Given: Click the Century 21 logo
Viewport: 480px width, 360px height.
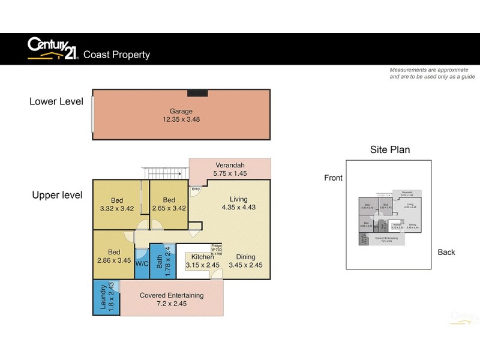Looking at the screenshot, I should point(52,49).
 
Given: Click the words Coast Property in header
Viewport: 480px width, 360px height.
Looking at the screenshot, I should point(116,55).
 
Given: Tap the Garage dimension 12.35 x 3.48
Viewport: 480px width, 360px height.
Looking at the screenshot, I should point(181,120).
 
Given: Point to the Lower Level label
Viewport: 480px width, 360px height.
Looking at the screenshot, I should point(56,101).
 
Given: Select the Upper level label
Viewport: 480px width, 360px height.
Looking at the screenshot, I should point(58,195).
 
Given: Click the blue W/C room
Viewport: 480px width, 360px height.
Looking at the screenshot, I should point(142,263).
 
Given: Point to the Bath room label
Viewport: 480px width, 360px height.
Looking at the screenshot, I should point(160,262).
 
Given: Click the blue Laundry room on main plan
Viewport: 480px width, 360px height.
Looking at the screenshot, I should point(106,298).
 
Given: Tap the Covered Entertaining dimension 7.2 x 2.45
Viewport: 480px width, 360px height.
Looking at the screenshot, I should point(172,304).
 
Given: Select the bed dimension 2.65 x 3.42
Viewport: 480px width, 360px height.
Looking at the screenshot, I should point(169,209).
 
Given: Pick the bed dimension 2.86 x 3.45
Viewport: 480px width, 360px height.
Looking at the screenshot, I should point(114,260).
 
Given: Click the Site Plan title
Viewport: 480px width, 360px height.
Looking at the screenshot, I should point(389,149).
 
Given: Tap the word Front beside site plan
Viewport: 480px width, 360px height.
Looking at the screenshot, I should point(333,178).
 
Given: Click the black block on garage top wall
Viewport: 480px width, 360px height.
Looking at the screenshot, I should point(197,92).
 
